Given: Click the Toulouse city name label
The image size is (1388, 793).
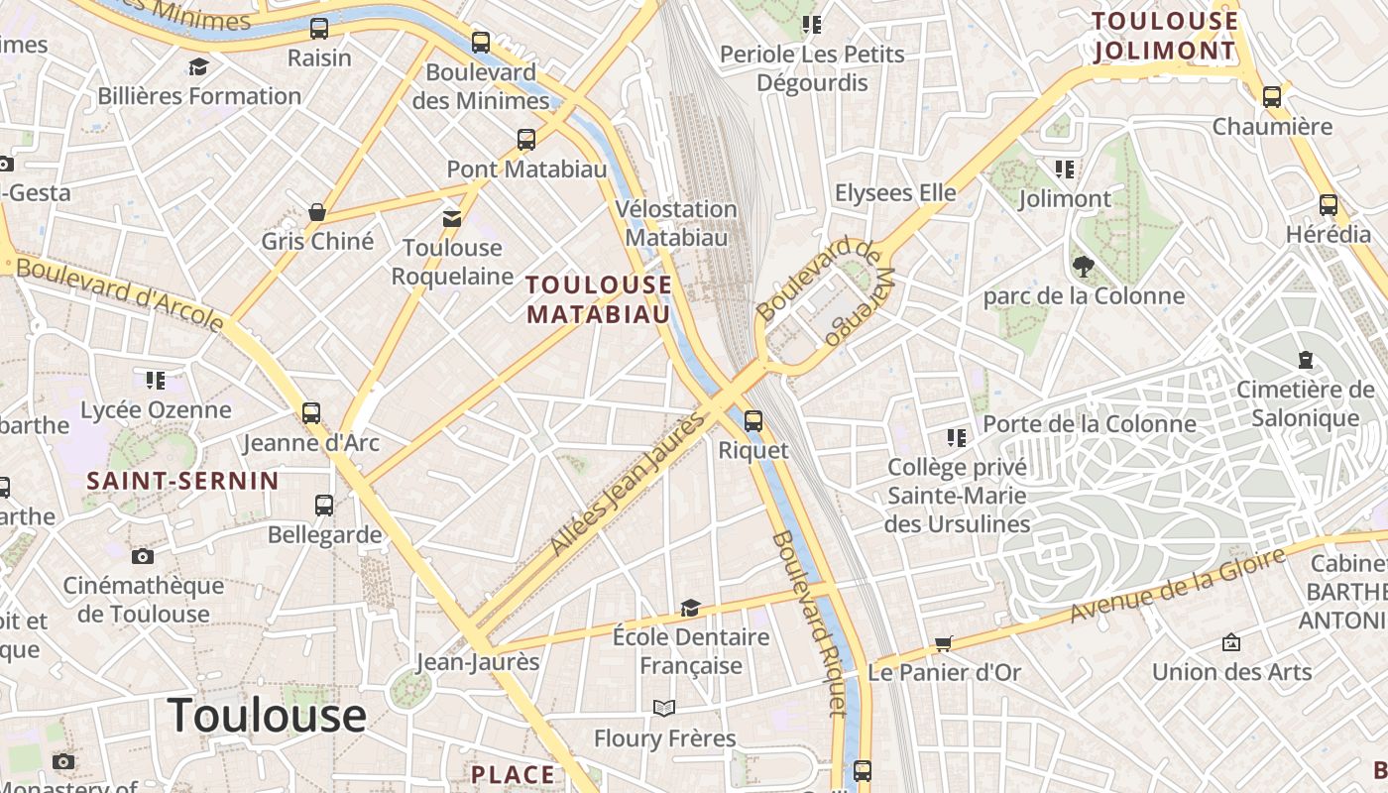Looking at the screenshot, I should pos(267,715).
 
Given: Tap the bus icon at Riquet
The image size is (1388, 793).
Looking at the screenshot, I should pos(753,421).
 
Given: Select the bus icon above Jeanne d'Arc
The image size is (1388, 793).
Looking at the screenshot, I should pos(311,413).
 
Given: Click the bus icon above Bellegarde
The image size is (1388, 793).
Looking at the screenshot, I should pos(324,506).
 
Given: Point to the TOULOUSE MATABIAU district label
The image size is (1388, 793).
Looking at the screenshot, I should pos(599,300).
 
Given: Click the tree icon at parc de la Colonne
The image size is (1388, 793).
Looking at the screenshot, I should pos(1083,266).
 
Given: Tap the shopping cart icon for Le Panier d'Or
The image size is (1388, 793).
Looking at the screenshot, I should pos(944,643).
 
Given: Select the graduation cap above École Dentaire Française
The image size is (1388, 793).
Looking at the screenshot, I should pos(690,607).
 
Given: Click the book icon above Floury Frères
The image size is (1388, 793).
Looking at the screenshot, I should pos(664,708).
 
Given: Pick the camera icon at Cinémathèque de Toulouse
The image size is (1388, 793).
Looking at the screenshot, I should pos(143,556).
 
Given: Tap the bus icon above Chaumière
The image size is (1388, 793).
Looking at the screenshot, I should pos(1272,97).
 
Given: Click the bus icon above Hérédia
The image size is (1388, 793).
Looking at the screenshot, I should pos(1329,205).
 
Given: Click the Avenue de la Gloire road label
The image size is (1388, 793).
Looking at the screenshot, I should pos(1177,585).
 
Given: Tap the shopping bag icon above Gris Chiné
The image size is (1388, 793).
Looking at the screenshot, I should pos(317,211).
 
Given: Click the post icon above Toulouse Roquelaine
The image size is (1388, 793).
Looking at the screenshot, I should pos(452,218).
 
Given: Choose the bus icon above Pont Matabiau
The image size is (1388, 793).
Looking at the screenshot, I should pos(526,140).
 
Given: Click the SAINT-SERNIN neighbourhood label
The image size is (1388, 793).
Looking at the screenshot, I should pos(182,482).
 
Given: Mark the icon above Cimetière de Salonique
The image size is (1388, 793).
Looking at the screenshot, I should pos(1305,359).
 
